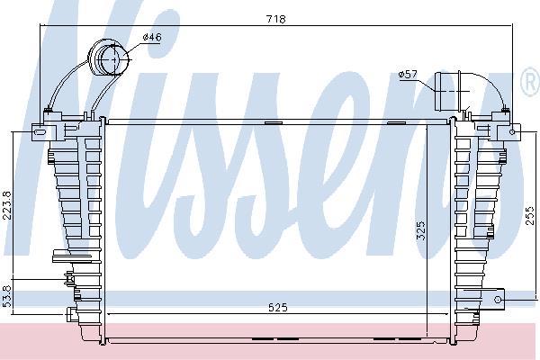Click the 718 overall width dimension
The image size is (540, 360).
coord(276,19)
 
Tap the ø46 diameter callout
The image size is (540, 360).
coord(152,37)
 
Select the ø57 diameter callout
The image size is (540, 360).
coord(408,74)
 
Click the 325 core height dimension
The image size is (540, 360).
coord(421,230)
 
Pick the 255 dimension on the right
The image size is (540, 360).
coord(530,215)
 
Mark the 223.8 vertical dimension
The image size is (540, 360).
coord(7,206)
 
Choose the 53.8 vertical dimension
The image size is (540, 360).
coord(7,296)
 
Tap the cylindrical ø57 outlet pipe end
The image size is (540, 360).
coord(446,91)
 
